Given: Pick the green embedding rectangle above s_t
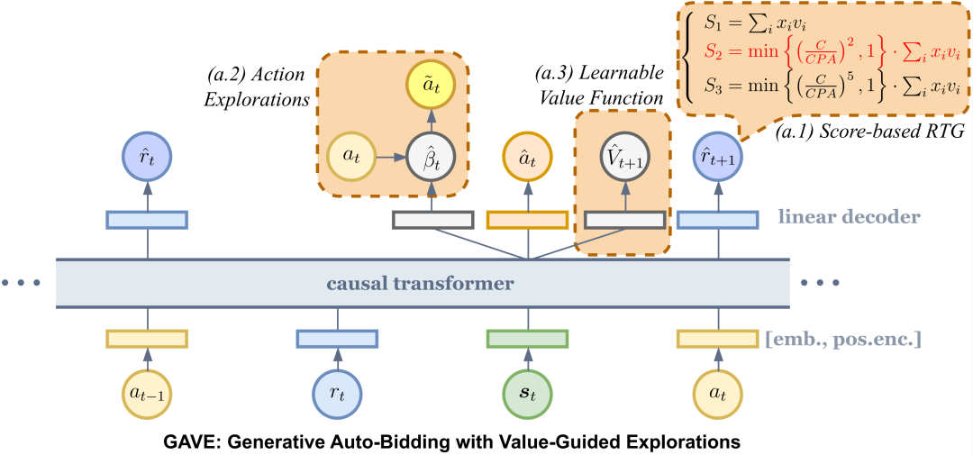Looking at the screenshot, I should [527, 339].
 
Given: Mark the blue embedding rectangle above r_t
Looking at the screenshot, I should [336, 339].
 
